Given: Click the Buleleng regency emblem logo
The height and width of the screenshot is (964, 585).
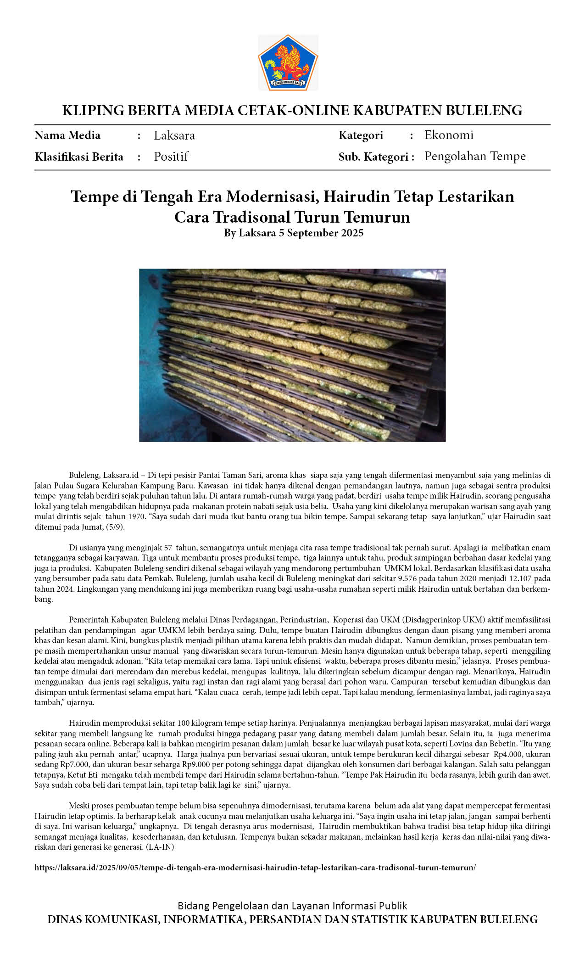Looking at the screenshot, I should (288, 62).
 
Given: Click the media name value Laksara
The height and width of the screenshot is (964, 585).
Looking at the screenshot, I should (174, 135).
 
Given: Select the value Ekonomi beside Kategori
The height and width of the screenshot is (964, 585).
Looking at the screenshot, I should (448, 135).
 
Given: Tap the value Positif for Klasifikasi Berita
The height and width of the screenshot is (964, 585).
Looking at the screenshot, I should (171, 157).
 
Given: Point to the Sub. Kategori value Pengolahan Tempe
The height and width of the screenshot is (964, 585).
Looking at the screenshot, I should (474, 157).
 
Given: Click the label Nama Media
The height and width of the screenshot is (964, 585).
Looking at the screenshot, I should (67, 135).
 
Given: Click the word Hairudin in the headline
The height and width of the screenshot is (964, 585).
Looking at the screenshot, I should (355, 196).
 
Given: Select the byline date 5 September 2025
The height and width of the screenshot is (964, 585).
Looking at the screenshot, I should (321, 233).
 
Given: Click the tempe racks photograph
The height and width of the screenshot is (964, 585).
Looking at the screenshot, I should (292, 355).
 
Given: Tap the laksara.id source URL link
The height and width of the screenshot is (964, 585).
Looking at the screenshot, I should (255, 867).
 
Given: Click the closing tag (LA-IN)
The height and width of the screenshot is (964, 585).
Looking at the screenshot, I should (160, 847).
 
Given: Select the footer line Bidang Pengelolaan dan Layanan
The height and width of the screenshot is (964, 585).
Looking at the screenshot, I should (292, 906).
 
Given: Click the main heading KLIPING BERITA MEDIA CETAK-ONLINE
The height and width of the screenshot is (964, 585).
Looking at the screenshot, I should (292, 111).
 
